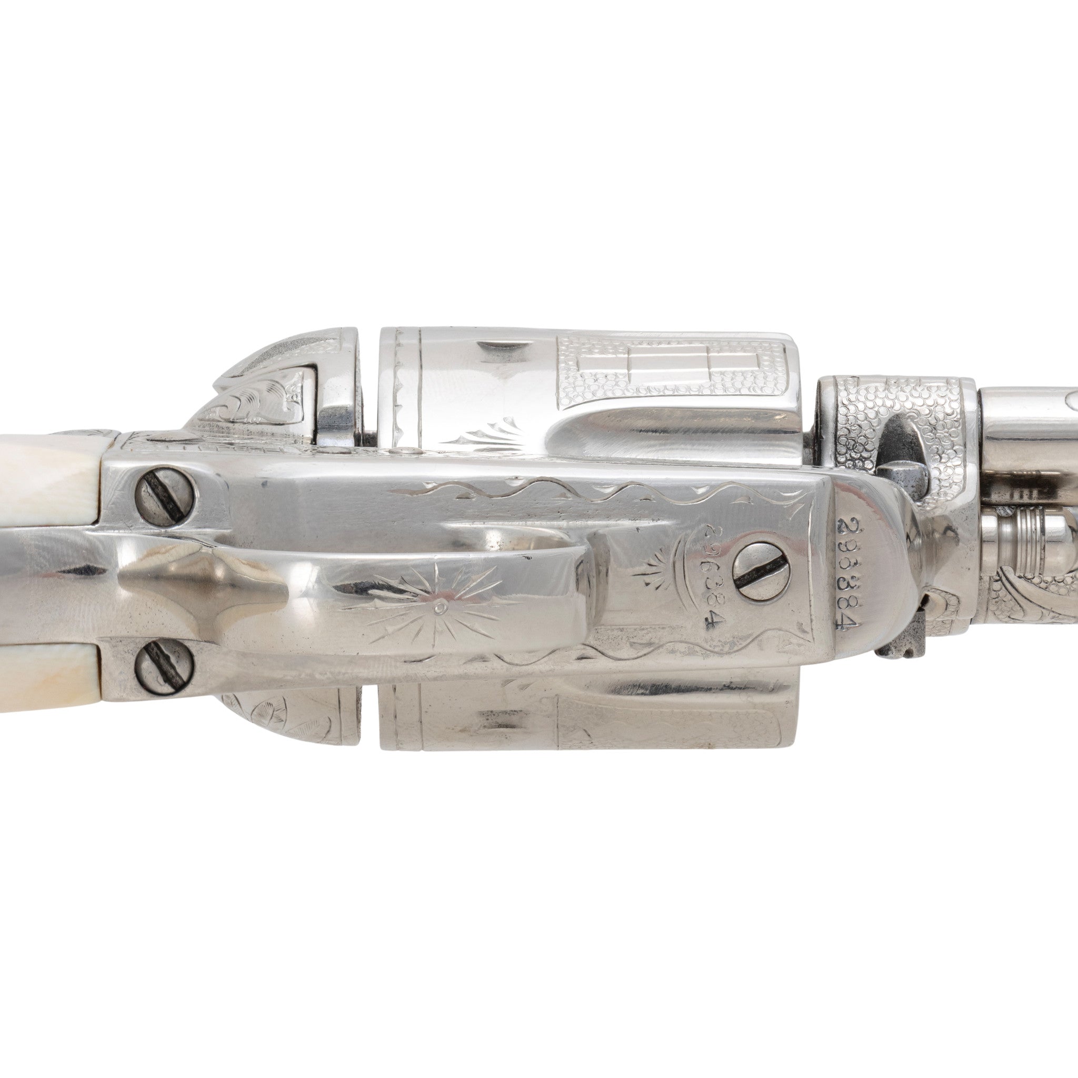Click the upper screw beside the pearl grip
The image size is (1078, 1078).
(166, 490)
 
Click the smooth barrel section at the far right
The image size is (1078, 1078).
(1032, 424)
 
